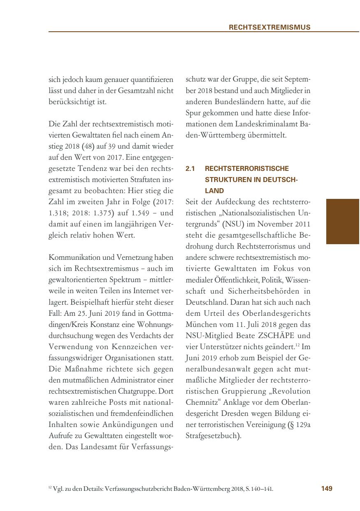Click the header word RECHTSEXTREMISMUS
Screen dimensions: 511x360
269,27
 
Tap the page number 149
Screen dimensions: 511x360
326,488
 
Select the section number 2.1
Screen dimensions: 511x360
190,168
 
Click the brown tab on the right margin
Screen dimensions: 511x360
343,222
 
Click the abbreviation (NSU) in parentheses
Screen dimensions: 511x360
233,224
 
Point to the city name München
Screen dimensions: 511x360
201,324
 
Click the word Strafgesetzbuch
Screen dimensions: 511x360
212,435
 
